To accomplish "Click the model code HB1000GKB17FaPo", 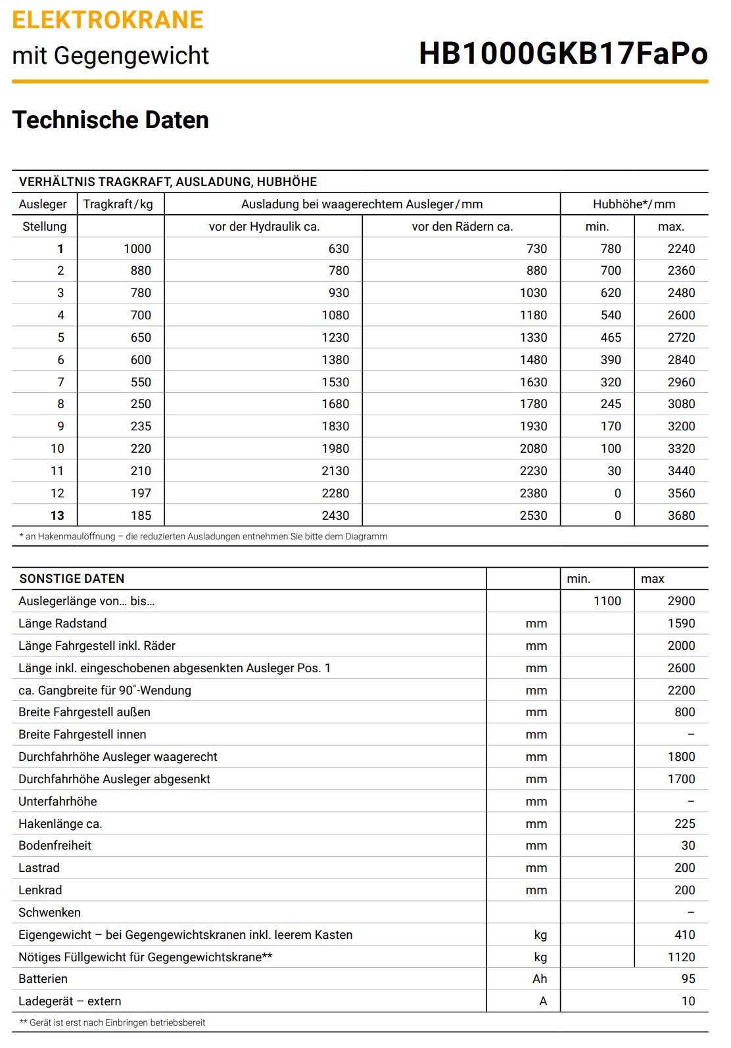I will pos(563,54).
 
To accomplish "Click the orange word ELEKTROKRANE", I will pos(108,20).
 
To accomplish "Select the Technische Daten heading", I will pos(110,120).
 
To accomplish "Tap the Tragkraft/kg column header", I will pos(118,204).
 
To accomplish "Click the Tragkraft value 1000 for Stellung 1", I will pos(137,249).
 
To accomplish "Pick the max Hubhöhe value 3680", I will pos(681,516).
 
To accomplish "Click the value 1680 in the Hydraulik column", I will pos(335,404).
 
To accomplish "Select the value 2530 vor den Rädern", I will pos(533,516).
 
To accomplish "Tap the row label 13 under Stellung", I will pos(57,516).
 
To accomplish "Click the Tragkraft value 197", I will pos(141,493).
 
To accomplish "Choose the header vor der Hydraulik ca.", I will pos(264,227).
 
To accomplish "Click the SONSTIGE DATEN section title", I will pos(72,579).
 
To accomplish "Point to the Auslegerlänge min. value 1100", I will pos(607,601).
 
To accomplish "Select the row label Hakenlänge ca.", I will pos(60,824).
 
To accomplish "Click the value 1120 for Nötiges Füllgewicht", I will pos(681,957).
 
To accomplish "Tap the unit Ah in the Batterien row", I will pos(540,979).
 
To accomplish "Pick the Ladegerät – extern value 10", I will pos(688,1001).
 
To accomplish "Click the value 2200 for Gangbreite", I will pos(681,691).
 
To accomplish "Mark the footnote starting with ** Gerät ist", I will pos(112,1023).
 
